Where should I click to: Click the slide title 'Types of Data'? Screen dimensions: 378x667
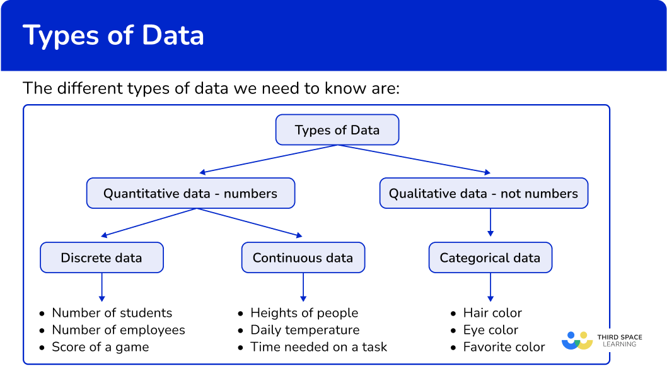(113, 36)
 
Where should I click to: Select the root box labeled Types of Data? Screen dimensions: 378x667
(337, 131)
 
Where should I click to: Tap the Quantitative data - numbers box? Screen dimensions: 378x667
(190, 193)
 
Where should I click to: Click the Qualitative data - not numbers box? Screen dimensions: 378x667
(483, 193)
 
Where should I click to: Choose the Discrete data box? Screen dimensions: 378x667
(101, 257)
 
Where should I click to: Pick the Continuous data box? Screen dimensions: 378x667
(303, 257)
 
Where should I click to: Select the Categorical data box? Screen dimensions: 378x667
(490, 257)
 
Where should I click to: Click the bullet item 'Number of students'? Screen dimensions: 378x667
(112, 313)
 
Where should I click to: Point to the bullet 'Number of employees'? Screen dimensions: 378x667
(119, 330)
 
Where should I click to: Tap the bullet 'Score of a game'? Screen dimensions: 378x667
(100, 347)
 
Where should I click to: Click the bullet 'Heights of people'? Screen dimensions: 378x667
(304, 313)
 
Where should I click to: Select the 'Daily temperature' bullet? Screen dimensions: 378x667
(304, 330)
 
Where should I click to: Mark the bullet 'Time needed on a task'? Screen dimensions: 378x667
(318, 347)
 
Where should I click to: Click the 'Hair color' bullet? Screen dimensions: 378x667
(492, 313)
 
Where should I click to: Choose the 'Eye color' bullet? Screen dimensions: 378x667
(490, 330)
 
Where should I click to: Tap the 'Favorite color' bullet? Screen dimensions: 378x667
(504, 347)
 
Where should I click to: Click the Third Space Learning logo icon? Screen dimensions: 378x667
(577, 341)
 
